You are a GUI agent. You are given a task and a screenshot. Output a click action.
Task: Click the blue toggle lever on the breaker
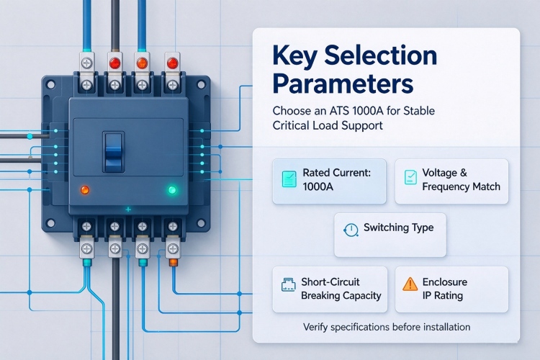point(113,152)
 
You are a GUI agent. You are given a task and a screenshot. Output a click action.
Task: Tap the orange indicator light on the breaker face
point(85,190)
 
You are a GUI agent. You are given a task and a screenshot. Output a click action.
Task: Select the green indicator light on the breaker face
point(172,190)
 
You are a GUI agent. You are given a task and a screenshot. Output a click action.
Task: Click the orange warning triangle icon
point(410,284)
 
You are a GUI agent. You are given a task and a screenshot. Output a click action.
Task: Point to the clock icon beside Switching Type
point(351,230)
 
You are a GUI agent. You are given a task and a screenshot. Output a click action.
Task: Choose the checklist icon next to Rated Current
point(289,179)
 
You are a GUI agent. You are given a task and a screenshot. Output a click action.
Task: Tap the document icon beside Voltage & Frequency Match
point(410,177)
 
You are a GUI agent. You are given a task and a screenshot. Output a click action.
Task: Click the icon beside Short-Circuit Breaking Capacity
point(288,284)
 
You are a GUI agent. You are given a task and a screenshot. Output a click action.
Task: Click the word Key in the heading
point(294,56)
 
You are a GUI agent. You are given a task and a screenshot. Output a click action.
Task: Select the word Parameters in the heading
point(343,83)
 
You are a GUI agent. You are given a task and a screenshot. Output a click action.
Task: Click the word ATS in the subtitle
point(338,111)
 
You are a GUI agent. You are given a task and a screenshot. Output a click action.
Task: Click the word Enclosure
point(445,282)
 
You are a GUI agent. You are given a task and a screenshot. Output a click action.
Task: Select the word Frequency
point(444,186)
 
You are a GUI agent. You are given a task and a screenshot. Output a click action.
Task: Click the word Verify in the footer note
point(315,327)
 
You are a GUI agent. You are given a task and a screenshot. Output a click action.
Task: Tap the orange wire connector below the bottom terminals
point(173,263)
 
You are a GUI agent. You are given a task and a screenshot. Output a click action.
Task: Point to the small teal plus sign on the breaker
point(128,209)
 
